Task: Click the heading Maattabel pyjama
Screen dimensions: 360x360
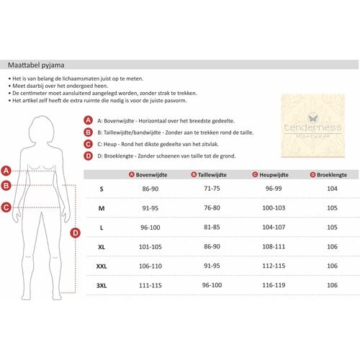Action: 36,66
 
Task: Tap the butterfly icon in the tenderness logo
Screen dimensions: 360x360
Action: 313,118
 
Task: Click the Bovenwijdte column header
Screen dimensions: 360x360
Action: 148,175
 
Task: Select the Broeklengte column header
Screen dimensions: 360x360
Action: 329,175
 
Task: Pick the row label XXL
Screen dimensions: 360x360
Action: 102,266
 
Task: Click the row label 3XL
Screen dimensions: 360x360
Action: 102,286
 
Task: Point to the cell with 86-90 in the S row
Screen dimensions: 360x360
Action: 150,189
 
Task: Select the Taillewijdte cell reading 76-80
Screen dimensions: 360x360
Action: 212,208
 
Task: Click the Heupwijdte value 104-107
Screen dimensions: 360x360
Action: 274,227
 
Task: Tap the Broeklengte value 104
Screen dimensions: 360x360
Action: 332,189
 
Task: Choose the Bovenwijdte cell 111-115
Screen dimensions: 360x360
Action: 150,285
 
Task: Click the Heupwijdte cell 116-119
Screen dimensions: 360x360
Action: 274,285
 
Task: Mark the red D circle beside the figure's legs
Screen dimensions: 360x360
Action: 76,233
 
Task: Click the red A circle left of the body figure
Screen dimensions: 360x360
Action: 6,171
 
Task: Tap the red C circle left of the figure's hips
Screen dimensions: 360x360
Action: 6,207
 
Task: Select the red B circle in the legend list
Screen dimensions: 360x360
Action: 88,132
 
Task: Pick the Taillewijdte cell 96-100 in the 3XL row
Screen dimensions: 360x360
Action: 212,285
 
